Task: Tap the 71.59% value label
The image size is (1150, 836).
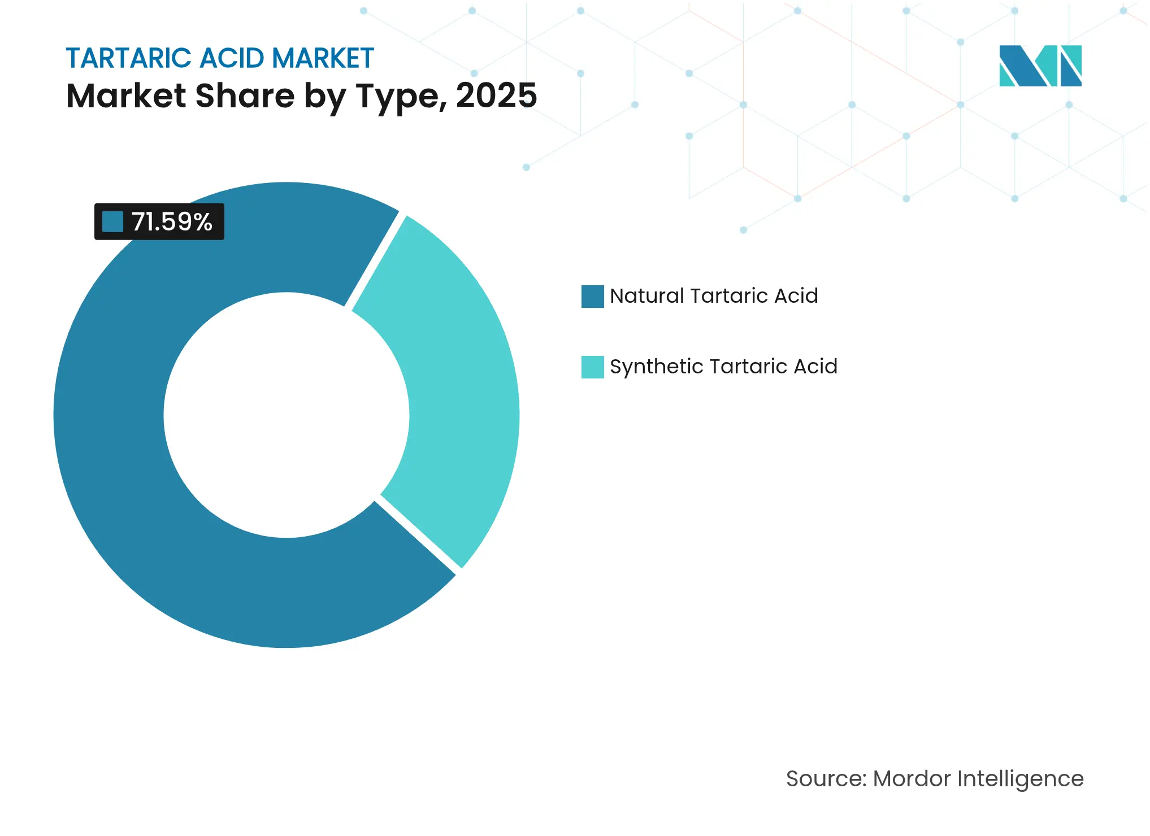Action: (172, 221)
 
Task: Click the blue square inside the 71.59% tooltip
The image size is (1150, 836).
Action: (112, 221)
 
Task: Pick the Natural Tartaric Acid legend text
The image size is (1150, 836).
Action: (714, 296)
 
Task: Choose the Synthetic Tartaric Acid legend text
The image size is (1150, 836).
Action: (723, 367)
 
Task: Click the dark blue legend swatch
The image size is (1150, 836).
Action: (592, 297)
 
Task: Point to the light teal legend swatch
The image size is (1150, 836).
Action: (592, 367)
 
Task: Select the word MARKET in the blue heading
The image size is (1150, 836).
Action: (323, 58)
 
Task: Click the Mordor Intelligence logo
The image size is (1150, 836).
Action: (1040, 66)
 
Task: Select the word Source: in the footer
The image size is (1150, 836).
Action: (826, 779)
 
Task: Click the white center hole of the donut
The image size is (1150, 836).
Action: (287, 415)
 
